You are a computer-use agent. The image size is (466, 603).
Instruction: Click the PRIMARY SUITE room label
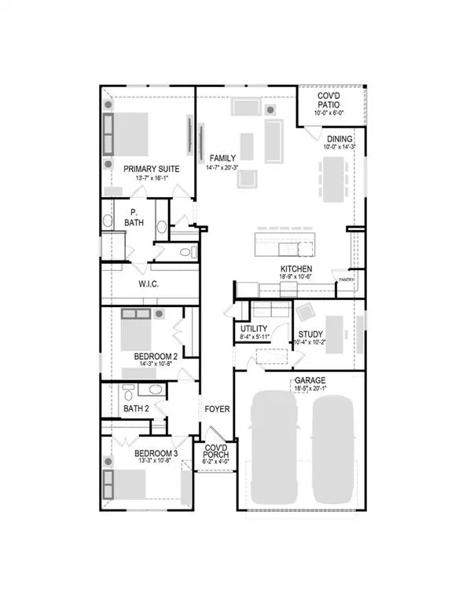tap(151, 169)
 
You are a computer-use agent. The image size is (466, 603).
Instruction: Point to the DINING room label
tap(339, 138)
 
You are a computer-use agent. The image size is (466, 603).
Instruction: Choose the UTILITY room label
tap(255, 329)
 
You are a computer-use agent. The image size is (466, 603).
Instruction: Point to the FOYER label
tap(217, 409)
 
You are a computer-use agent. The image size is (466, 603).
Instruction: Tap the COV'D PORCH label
tap(215, 451)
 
